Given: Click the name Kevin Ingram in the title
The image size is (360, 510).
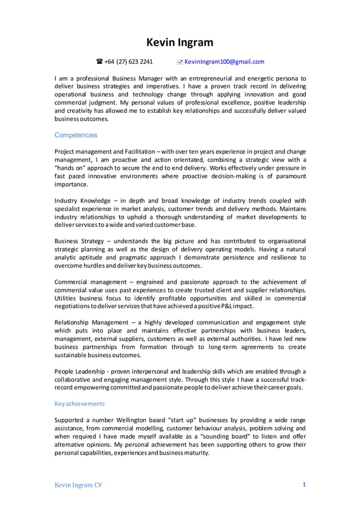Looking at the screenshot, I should pos(180,42).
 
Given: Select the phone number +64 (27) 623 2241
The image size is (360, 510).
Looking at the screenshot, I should pos(129,62).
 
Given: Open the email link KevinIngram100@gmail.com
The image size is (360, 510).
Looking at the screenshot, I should pos(224,62).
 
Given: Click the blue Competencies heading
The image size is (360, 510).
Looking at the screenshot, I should pos(76,135).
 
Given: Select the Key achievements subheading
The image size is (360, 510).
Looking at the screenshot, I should pos(79,404).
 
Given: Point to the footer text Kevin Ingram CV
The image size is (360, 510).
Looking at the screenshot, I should pos(78,485).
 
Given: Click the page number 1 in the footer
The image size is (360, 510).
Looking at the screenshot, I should pos(304,484).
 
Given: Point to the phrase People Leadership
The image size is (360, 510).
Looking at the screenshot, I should pos(80,371).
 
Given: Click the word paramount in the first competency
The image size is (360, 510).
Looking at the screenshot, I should pos(286,176).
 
